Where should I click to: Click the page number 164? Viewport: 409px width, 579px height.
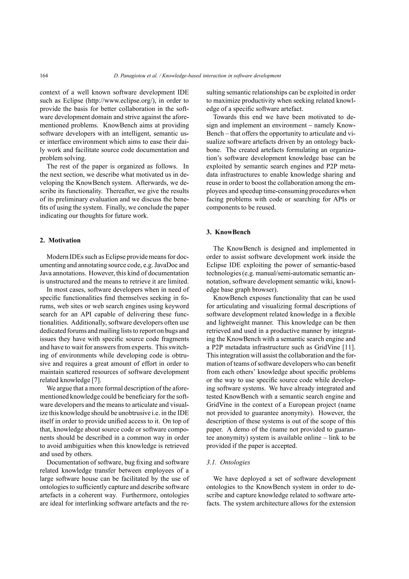point(44,76)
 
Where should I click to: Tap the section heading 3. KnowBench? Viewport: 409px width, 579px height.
point(228,232)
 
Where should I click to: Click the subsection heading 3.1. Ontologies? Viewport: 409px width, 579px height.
point(228,462)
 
